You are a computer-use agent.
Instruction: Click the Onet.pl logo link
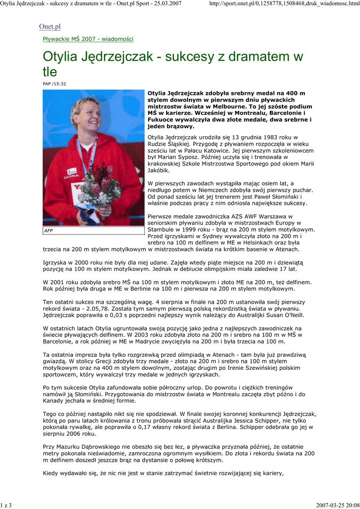(50, 26)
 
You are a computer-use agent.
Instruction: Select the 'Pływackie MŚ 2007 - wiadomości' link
(88, 39)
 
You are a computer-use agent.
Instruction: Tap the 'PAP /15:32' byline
(54, 84)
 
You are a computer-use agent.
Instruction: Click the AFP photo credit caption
(49, 231)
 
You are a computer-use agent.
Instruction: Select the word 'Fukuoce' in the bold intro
(162, 120)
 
